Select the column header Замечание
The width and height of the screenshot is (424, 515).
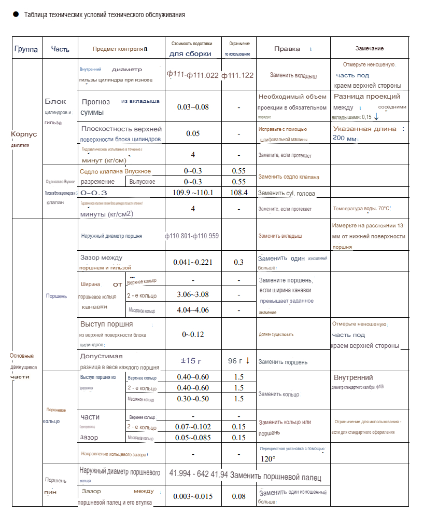click(370, 48)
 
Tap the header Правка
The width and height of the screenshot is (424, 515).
click(287, 49)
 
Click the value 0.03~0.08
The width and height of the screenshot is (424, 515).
click(193, 107)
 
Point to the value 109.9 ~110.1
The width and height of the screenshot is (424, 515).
click(193, 192)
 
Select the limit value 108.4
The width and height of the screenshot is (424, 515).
click(238, 192)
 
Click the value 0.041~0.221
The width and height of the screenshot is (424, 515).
click(193, 262)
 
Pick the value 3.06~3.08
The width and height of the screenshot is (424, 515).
click(193, 294)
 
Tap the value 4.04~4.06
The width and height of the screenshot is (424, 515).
click(193, 310)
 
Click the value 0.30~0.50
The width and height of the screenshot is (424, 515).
click(193, 399)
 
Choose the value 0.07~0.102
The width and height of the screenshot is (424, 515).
click(193, 427)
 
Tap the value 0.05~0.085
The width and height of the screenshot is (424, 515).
click(193, 438)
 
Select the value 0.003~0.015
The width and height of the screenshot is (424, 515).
click(193, 496)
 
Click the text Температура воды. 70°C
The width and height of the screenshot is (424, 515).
click(361, 209)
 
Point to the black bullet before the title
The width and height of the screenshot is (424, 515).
click(16, 15)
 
